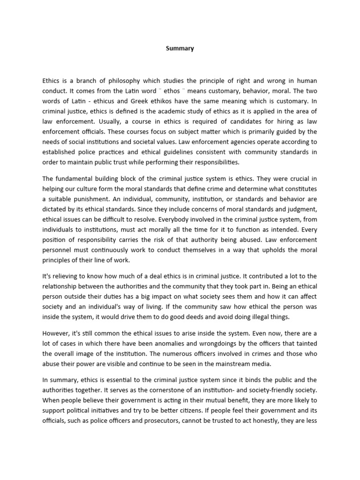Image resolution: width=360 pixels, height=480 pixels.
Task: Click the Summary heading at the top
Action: pos(180,48)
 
